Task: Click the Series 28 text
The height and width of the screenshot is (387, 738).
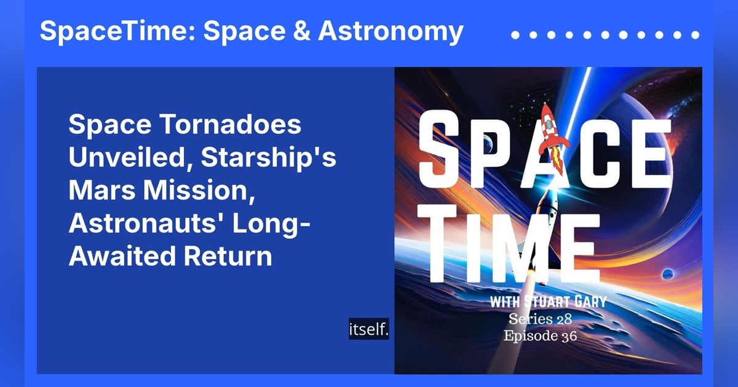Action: (540, 320)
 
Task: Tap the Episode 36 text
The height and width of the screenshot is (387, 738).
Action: (540, 337)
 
